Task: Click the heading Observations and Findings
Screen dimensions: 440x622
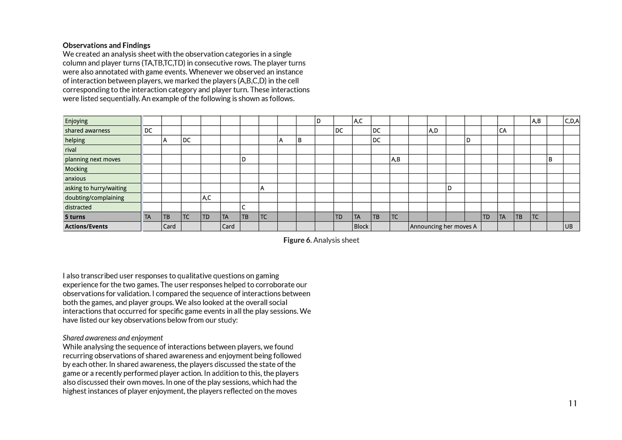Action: tap(107, 45)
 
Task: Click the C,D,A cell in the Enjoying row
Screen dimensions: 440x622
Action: tap(572, 121)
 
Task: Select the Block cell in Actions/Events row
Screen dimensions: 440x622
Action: tap(361, 226)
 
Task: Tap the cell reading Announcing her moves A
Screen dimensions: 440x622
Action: tap(444, 226)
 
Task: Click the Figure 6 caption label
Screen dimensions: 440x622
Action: tap(321, 240)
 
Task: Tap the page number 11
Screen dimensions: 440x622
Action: tap(573, 403)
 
